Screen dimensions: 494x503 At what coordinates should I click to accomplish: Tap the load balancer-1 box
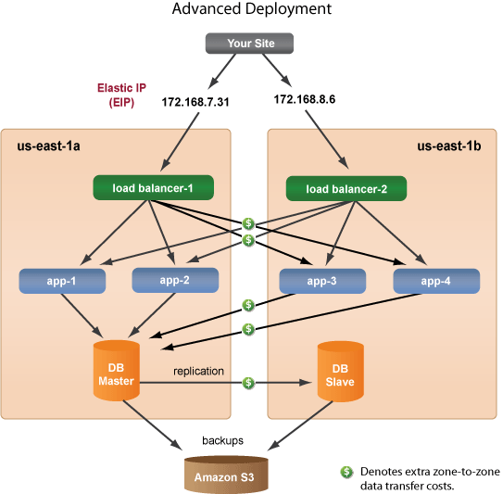153,188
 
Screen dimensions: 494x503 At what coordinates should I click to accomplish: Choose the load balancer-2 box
346,188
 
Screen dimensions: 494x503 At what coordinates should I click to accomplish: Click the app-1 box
62,279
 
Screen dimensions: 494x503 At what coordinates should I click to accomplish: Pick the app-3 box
322,279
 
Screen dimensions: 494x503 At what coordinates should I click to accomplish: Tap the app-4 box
436,279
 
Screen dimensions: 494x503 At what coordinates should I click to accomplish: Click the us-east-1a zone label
50,146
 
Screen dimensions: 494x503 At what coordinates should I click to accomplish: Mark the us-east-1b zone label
450,146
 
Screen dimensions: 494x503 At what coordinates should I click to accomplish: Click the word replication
198,371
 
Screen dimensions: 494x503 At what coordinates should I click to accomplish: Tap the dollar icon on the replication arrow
249,383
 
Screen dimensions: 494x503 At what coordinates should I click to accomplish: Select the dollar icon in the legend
347,472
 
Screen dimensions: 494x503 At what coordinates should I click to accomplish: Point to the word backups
222,440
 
